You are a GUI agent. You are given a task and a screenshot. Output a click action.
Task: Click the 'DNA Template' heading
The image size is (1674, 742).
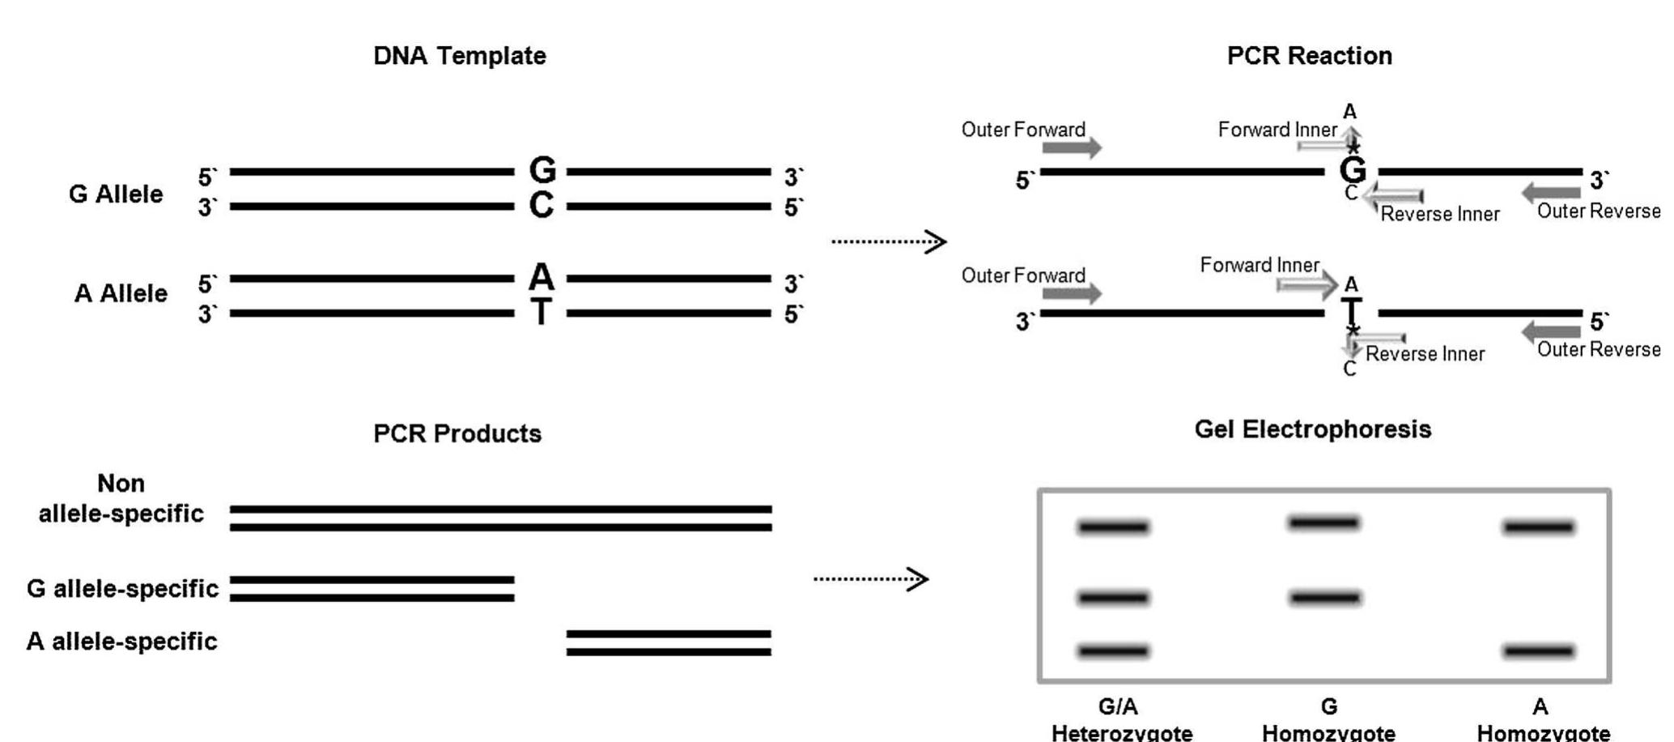tap(459, 56)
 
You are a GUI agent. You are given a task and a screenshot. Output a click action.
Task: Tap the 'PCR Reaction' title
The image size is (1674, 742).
tap(1309, 56)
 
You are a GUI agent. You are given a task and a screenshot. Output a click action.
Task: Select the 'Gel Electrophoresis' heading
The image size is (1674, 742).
tap(1312, 429)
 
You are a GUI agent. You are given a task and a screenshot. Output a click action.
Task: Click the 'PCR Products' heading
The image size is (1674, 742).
tap(457, 433)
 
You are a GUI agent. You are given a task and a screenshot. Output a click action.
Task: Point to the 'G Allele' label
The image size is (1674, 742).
tap(116, 194)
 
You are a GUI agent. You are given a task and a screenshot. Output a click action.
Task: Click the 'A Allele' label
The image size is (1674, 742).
tap(121, 293)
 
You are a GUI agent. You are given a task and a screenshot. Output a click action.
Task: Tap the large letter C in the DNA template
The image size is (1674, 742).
tap(542, 206)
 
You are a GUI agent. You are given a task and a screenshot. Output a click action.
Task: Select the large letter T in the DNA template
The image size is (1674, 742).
tap(542, 312)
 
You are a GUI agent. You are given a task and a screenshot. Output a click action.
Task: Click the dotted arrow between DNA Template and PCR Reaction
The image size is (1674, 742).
tap(889, 241)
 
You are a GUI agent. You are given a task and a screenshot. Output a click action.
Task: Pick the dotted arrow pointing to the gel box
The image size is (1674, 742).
tap(871, 578)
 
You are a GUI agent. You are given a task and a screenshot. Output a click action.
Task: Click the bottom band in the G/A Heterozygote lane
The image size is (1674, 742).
tap(1113, 650)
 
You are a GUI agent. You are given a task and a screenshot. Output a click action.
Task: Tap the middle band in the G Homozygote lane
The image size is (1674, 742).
tap(1325, 599)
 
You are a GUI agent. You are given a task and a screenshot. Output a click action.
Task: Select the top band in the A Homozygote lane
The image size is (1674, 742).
tap(1538, 528)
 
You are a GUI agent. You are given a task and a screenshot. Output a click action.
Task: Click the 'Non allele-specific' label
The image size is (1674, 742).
tap(121, 498)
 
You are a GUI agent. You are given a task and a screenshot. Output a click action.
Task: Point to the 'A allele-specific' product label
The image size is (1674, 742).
tap(121, 642)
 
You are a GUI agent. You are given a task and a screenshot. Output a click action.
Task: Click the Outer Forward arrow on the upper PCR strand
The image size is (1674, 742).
tap(1072, 147)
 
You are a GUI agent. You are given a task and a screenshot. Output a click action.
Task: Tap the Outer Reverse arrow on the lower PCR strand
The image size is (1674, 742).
tap(1551, 330)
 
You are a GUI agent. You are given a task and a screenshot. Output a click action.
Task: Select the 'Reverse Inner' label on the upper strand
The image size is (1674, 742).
tap(1440, 215)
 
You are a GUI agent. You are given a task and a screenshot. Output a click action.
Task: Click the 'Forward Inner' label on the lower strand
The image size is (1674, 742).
tap(1260, 266)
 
